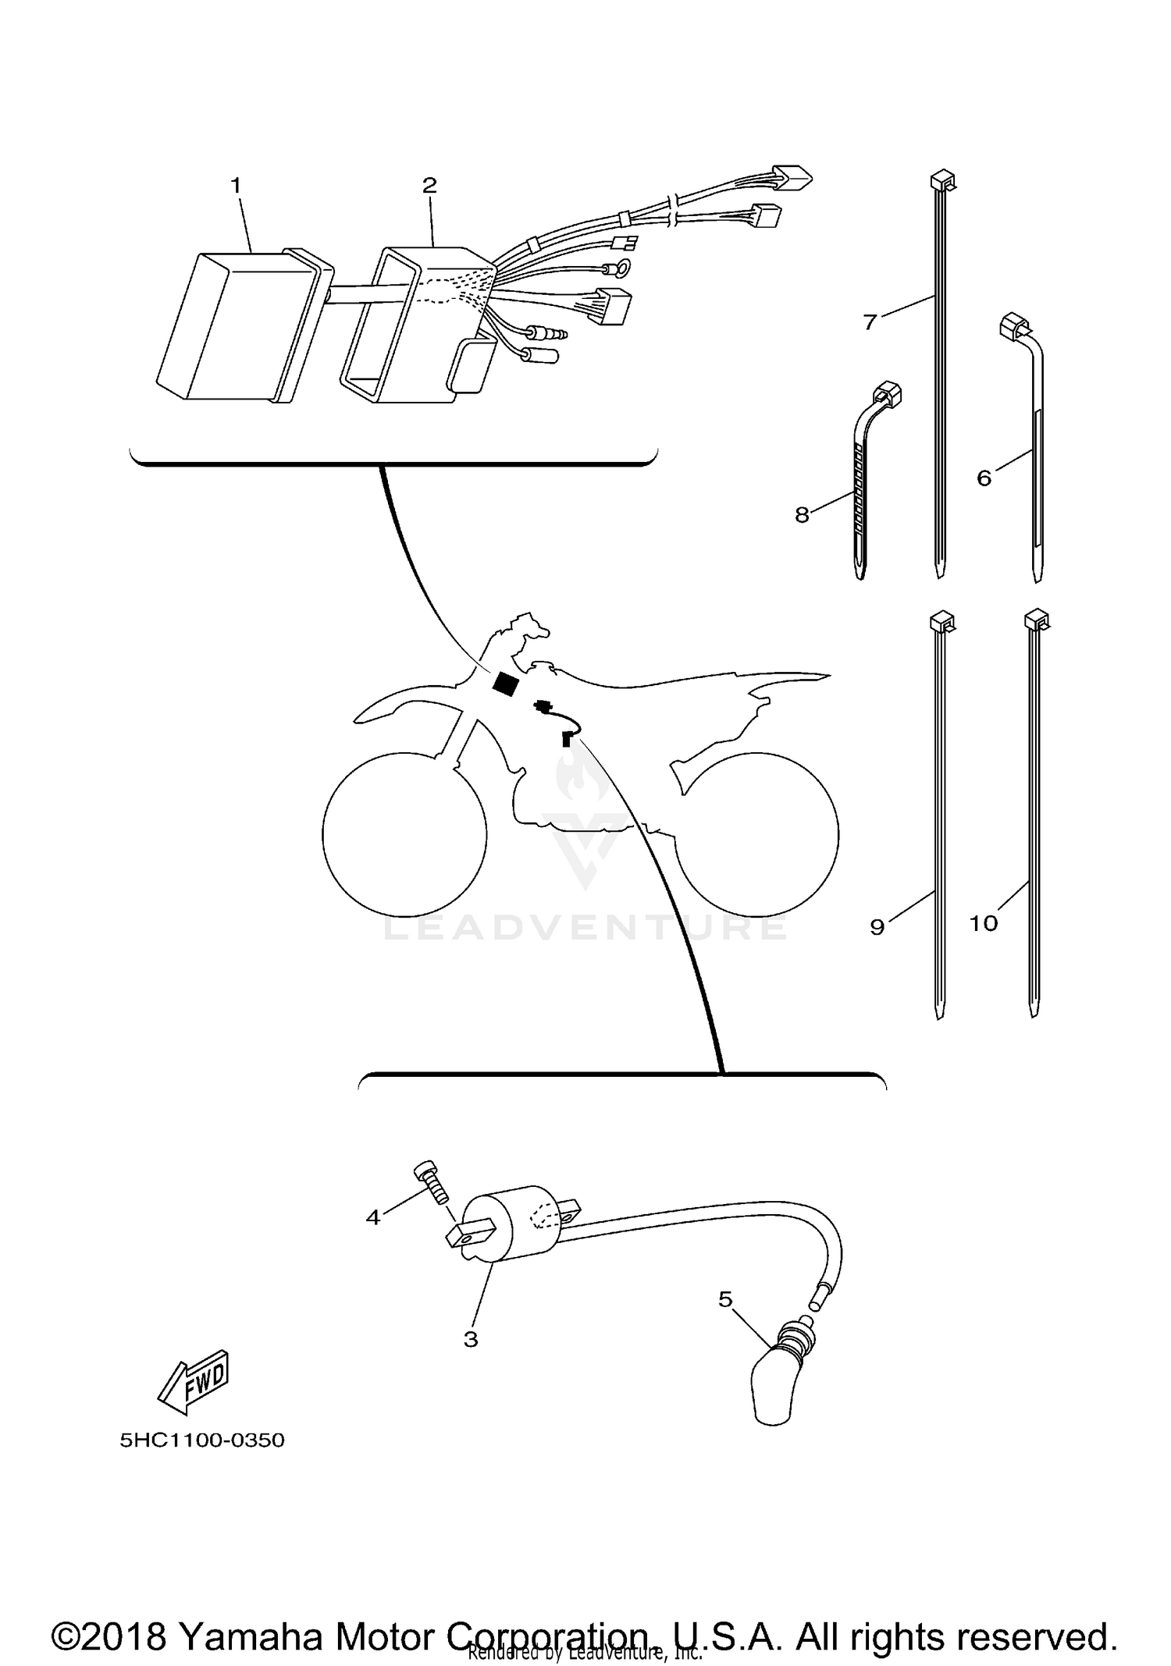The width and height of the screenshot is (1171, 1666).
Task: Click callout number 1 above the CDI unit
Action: (236, 186)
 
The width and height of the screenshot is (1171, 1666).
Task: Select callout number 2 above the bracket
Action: (429, 186)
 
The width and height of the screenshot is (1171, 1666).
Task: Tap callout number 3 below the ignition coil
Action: (471, 1340)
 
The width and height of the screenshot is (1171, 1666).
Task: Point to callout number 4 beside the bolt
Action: (373, 1217)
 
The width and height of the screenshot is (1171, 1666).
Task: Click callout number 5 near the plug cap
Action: (725, 1299)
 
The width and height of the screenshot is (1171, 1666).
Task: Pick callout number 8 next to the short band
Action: (802, 515)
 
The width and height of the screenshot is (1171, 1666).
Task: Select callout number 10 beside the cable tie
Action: (983, 923)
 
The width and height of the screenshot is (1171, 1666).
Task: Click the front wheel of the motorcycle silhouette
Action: (404, 834)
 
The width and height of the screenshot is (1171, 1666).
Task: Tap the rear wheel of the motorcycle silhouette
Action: (756, 834)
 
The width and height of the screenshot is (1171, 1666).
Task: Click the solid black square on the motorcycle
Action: (506, 683)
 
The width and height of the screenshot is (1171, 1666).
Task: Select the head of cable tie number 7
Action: (941, 182)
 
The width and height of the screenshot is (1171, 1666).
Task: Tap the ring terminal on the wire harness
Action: (623, 269)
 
